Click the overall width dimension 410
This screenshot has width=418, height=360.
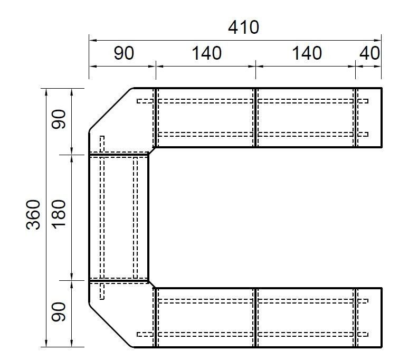click(243, 27)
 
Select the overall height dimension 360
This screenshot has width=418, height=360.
click(33, 214)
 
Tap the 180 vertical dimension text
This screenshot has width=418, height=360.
click(59, 214)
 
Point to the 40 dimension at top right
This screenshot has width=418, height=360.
click(369, 53)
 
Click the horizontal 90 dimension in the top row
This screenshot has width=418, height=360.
click(123, 53)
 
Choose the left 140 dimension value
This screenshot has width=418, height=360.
click(206, 53)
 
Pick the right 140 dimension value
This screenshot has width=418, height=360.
click(307, 53)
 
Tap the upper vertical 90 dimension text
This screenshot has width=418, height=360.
click(59, 119)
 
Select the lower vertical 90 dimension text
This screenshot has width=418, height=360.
click(59, 311)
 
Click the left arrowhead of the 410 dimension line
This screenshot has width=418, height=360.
click(92, 41)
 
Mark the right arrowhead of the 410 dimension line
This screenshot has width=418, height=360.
click(378, 41)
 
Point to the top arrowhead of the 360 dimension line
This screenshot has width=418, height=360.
click(46, 92)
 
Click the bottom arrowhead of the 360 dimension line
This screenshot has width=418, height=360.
click(46, 344)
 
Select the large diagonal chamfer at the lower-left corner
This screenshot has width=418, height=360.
click(110, 325)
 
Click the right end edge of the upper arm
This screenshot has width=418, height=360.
click(382, 117)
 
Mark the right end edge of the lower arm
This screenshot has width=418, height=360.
click(382, 318)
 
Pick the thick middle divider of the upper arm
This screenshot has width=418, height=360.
click(255, 117)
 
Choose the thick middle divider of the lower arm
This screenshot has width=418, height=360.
click(255, 318)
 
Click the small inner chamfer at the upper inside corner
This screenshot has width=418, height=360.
click(151, 150)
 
